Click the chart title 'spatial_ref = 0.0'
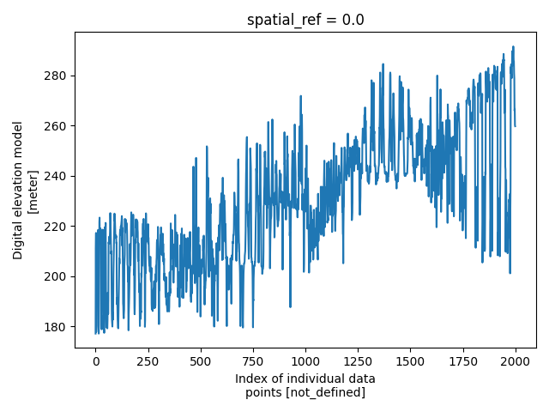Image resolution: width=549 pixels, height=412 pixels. (305, 20)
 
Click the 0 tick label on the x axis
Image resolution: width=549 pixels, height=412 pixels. (96, 360)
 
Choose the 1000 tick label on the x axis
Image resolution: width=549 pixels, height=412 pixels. (305, 360)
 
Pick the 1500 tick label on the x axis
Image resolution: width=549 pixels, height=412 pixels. (410, 360)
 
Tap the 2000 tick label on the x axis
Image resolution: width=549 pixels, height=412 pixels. (515, 360)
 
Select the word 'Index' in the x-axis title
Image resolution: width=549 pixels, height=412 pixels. (252, 379)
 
